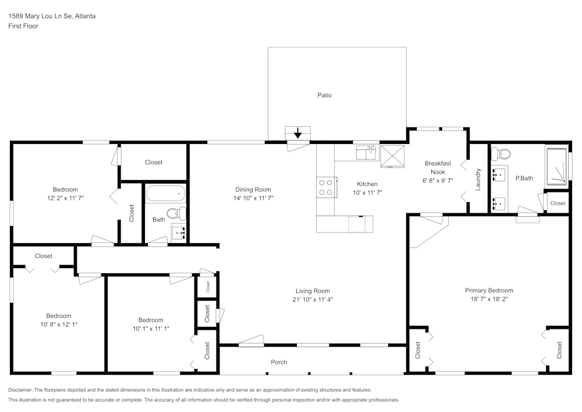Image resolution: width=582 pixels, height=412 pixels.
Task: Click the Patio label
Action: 324,95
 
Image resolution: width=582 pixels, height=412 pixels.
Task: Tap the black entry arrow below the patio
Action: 298,133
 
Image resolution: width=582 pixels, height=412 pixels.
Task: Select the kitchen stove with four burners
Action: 326,186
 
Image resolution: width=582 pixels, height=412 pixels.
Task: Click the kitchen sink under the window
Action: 367,153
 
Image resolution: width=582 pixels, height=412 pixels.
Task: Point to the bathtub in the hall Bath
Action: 165,193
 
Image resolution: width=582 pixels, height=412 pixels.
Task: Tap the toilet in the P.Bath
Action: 500,154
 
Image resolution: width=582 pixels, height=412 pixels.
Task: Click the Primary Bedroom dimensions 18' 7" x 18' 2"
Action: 489,300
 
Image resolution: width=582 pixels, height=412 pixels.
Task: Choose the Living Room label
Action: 313,291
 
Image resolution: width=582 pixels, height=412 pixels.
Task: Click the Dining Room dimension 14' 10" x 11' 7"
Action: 253,198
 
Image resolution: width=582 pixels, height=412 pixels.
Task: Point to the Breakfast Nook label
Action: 438,168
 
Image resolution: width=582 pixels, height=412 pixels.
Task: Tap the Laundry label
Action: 478,179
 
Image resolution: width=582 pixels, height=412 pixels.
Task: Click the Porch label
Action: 279,362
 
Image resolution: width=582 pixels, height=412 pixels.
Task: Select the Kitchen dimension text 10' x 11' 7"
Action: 367,193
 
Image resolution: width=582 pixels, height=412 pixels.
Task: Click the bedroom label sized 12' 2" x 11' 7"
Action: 65,189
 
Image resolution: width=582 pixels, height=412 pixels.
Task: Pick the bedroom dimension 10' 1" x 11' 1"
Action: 151,329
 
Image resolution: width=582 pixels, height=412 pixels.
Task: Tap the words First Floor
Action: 23,26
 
